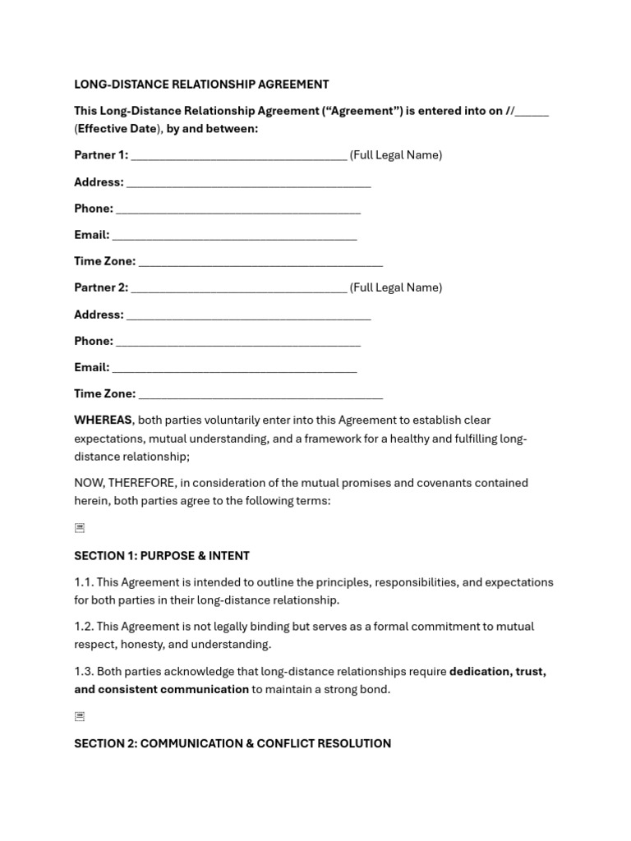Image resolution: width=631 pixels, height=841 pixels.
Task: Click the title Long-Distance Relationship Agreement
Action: [x=201, y=85]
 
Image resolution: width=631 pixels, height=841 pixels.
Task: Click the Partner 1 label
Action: [x=101, y=155]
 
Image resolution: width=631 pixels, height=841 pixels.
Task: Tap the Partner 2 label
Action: [x=101, y=287]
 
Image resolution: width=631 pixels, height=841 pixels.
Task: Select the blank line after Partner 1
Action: [x=238, y=156]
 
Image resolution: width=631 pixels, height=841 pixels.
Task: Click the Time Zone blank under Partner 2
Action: [x=260, y=395]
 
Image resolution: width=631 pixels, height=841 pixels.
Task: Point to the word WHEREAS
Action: [x=103, y=420]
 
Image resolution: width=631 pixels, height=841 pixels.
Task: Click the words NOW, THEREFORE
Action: [x=124, y=483]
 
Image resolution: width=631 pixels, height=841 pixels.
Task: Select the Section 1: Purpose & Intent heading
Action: [x=162, y=556]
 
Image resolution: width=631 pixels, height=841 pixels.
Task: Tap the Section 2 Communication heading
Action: [x=233, y=744]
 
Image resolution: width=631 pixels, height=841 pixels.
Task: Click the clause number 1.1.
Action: [x=84, y=582]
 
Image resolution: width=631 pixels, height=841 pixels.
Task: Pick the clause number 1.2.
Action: [x=84, y=627]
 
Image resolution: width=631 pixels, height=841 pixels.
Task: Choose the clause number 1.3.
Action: [x=84, y=672]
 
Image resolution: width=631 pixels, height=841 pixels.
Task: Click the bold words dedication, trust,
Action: [x=497, y=672]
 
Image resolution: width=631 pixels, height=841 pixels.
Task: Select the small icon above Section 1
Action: [x=79, y=528]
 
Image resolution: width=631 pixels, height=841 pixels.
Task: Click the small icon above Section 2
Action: [x=79, y=716]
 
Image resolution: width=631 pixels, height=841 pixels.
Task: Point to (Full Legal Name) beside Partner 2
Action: [x=396, y=287]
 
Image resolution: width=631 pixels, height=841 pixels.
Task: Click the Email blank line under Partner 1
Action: [x=234, y=236]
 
